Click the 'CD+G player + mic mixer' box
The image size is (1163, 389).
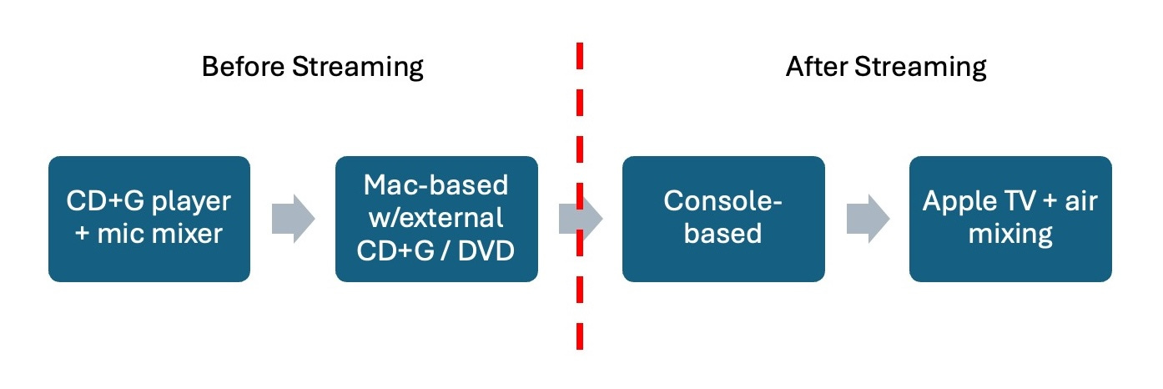[149, 219]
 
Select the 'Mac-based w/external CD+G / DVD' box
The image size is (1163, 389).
[436, 219]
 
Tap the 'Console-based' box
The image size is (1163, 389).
[723, 219]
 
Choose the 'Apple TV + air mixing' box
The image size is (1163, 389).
[1010, 219]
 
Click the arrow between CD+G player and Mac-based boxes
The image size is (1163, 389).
[293, 219]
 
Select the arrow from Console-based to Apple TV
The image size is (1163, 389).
[867, 219]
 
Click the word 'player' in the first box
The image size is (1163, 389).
[199, 203]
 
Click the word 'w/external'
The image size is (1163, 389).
[436, 218]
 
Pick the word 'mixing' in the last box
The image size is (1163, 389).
[1010, 234]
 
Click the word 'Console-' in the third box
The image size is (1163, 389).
[723, 203]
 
